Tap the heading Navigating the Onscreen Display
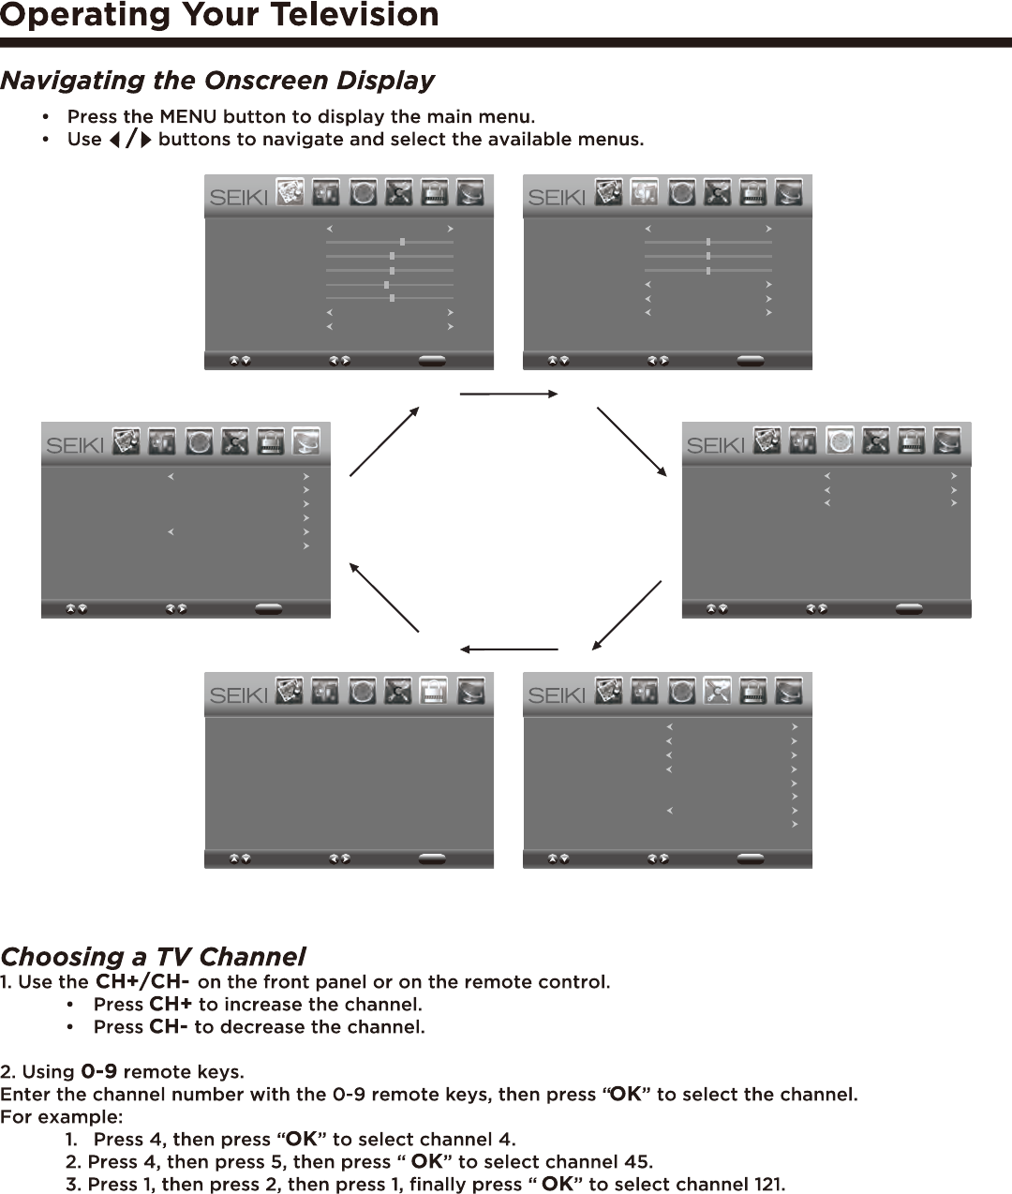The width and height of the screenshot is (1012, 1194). coord(217,81)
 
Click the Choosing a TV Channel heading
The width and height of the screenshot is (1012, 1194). coord(153,957)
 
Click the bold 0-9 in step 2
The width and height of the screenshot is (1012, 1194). coord(99,1071)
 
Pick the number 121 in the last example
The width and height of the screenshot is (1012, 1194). coord(767,1185)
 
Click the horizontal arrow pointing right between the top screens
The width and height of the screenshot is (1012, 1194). coord(509,395)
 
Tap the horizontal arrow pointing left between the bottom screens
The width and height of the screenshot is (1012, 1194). coord(509,649)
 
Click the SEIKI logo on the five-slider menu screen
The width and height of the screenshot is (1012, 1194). coord(238,198)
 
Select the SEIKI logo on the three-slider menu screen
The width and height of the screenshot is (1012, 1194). coord(557,198)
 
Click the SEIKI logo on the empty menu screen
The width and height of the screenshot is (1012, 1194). coord(238,695)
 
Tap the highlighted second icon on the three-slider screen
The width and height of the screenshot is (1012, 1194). coord(645,192)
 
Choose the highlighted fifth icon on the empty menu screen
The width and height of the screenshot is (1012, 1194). coord(433,691)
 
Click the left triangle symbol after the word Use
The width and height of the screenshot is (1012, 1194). coord(114,140)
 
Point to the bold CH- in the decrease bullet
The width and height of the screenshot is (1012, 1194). coord(169,1027)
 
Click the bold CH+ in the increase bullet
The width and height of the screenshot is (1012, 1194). coord(171,1005)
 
